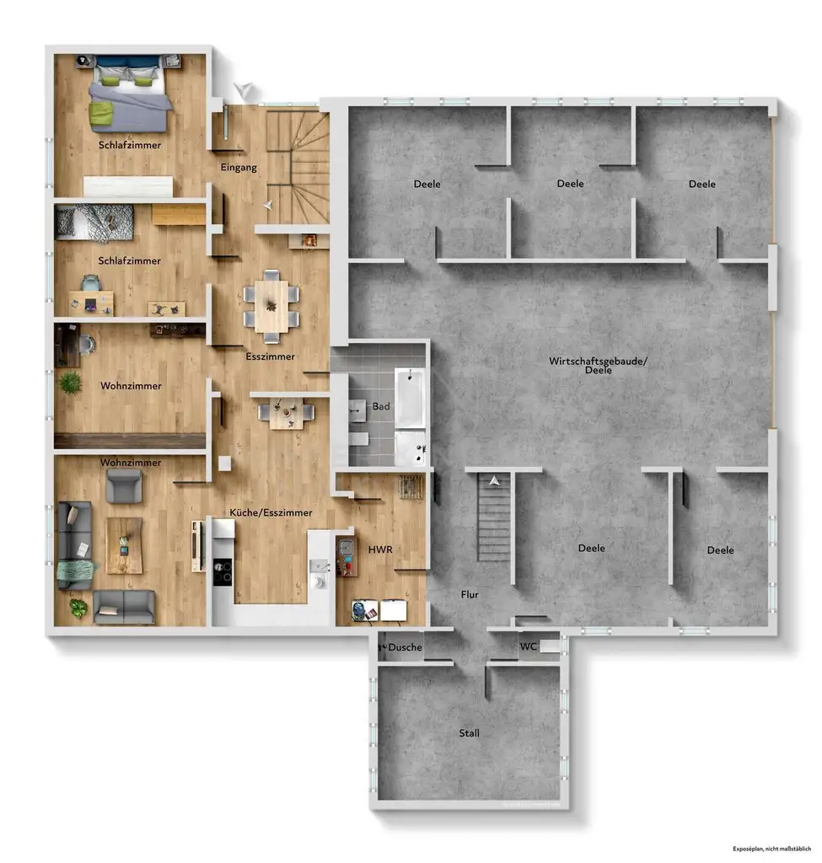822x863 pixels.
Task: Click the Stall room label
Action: tap(469, 733)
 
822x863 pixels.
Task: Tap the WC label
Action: tap(529, 647)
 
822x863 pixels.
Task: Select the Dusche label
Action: tap(405, 647)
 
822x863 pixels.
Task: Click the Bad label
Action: tap(381, 406)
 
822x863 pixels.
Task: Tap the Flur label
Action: tap(470, 594)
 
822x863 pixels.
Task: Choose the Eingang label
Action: tap(239, 167)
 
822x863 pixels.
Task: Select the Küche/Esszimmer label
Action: tap(271, 512)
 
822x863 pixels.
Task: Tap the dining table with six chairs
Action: tap(271, 306)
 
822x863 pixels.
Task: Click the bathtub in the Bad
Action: tap(410, 396)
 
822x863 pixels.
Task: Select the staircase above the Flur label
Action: tap(494, 518)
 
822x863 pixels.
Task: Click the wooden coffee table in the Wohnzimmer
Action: tap(124, 544)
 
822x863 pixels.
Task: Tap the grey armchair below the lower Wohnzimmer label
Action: tap(124, 485)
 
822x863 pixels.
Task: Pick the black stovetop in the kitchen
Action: tap(221, 572)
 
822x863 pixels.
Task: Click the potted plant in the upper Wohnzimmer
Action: tap(71, 383)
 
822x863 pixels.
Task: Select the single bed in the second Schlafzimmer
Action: tap(94, 221)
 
